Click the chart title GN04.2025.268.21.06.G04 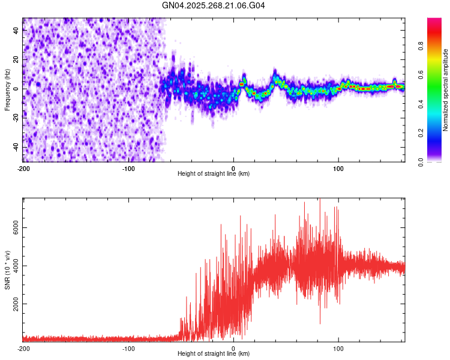214,5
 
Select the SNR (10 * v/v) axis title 7,270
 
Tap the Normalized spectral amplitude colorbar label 446,90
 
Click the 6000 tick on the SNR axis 13,229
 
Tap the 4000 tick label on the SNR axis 13,266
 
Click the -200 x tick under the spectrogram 23,169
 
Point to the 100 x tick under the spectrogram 338,169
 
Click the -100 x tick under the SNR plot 128,349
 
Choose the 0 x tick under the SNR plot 233,349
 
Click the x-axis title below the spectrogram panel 214,174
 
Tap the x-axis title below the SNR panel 214,354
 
